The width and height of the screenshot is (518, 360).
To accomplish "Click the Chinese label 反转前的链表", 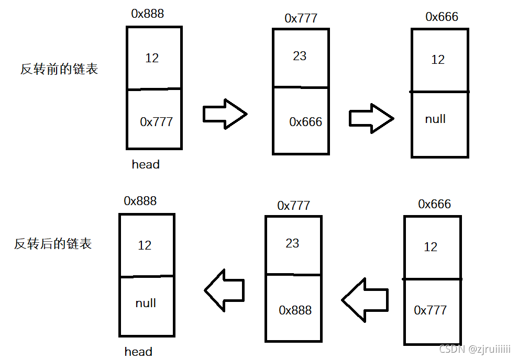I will click(x=59, y=69).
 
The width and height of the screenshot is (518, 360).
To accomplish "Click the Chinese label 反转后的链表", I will click(x=53, y=244).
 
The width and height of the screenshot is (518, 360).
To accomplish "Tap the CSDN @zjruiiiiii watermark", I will click(x=475, y=350).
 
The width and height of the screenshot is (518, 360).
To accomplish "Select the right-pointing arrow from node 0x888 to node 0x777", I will click(x=225, y=114).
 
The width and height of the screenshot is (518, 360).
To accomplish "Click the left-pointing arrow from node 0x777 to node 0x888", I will click(x=224, y=290).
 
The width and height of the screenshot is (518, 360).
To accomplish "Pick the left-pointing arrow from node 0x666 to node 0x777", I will click(x=365, y=300).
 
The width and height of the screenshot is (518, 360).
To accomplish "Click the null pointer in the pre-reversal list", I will click(x=435, y=119).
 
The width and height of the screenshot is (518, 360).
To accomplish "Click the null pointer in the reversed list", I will click(x=146, y=303).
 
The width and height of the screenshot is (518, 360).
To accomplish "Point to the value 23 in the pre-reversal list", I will click(x=300, y=56).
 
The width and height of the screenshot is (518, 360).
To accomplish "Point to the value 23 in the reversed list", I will click(x=292, y=243).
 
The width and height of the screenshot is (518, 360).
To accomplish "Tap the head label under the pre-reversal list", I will click(x=146, y=164).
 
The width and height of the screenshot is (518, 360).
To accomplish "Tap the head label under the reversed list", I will click(x=138, y=351).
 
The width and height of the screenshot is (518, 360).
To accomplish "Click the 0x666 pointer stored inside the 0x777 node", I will click(x=305, y=122).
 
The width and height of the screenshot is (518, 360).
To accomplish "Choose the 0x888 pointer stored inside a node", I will click(x=295, y=310).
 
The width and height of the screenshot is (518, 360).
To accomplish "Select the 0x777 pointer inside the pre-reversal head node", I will click(x=156, y=122).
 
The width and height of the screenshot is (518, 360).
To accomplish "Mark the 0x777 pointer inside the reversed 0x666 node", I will click(x=430, y=310).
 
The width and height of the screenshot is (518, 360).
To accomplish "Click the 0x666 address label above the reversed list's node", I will click(x=434, y=204).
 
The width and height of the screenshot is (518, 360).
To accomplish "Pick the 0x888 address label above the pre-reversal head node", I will click(x=147, y=14).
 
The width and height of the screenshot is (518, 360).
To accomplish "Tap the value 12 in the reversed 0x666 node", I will click(x=431, y=247).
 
